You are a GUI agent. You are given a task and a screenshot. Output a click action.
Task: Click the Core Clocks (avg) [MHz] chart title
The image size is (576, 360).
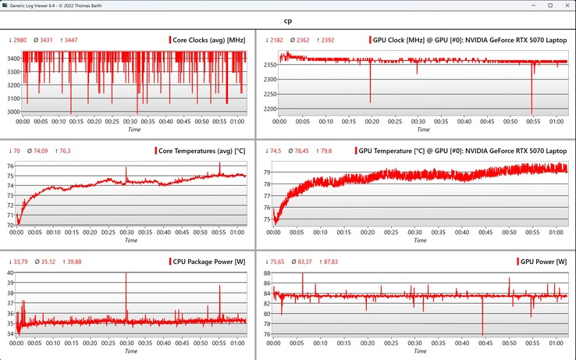209,39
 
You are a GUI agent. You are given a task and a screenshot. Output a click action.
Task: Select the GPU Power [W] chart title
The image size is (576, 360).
544,261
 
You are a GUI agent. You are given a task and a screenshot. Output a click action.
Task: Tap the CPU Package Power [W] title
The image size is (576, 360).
207,261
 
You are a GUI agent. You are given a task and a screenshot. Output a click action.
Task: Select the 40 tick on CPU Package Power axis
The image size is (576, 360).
11,273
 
